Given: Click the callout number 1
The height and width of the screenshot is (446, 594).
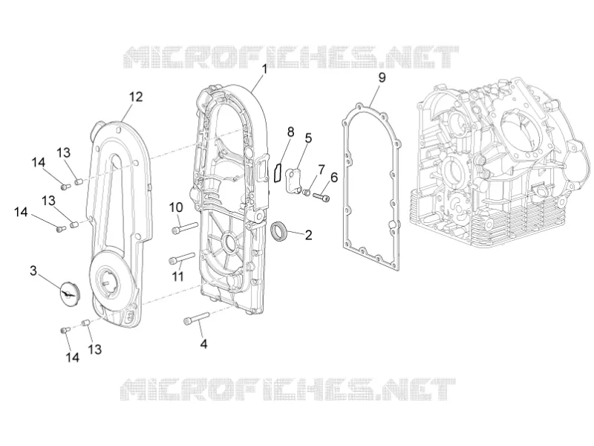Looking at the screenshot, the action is tap(264, 69).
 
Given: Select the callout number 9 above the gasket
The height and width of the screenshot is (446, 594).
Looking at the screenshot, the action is tap(382, 77).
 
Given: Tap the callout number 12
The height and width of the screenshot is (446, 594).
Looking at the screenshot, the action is tap(136, 97).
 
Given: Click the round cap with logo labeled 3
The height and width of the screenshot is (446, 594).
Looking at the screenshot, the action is tap(71, 291).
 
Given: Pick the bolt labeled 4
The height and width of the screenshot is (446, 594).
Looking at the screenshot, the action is tap(196, 318).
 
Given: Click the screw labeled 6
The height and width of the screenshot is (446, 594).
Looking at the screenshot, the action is tap(322, 197).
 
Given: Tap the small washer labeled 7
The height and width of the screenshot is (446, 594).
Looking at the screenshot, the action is tap(307, 193).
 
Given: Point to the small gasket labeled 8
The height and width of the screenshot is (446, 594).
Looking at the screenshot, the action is tap(278, 172).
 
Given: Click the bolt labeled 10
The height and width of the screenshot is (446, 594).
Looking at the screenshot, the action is tap(185, 227).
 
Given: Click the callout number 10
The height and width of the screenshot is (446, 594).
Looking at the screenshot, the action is tap(176, 207).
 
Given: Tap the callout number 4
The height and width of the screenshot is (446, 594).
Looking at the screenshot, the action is tap(203, 344).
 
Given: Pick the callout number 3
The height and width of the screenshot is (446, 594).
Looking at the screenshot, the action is tap(33, 271).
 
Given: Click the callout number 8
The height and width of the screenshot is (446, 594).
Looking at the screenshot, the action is tap(290, 132).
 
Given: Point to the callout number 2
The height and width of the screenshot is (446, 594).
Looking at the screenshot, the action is tap(309, 235).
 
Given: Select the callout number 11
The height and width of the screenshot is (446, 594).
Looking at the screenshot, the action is tap(177, 276).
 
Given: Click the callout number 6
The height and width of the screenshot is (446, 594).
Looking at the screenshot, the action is tap(334, 177).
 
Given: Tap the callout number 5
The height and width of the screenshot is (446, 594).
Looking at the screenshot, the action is tap(308, 138).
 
